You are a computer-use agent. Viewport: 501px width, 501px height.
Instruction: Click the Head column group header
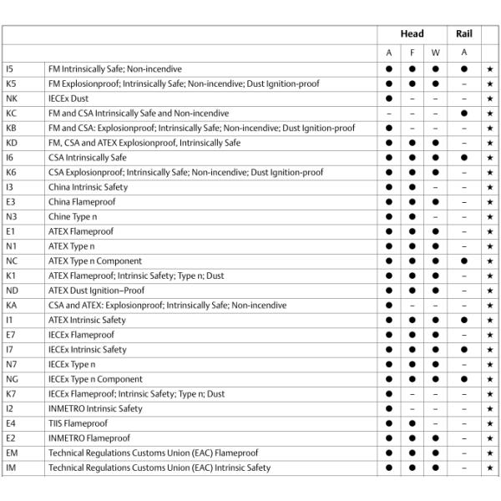tap(412, 34)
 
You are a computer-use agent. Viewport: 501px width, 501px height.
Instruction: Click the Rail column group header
tap(463, 34)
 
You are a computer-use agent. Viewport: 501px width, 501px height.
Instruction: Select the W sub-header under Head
tap(435, 53)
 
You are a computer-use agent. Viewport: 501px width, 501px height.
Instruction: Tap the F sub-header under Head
tap(412, 53)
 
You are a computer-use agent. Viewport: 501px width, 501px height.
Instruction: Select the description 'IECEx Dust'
tap(68, 99)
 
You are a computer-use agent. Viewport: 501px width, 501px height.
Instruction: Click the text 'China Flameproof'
tap(81, 202)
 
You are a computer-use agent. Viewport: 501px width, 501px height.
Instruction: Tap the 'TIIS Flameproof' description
tap(78, 423)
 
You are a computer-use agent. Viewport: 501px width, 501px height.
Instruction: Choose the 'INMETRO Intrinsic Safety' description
tap(95, 408)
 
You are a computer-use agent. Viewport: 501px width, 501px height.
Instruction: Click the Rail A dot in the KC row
tap(463, 113)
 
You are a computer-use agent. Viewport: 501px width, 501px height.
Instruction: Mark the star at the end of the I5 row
tap(489, 68)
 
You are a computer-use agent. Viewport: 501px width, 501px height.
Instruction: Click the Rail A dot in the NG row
tap(463, 379)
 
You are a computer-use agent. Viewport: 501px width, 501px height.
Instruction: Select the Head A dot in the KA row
tap(389, 306)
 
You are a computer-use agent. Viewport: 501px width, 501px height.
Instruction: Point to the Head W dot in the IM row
tap(435, 468)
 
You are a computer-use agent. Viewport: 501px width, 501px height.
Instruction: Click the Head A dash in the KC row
tap(389, 113)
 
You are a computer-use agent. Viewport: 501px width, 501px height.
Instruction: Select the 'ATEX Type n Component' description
tap(95, 261)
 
